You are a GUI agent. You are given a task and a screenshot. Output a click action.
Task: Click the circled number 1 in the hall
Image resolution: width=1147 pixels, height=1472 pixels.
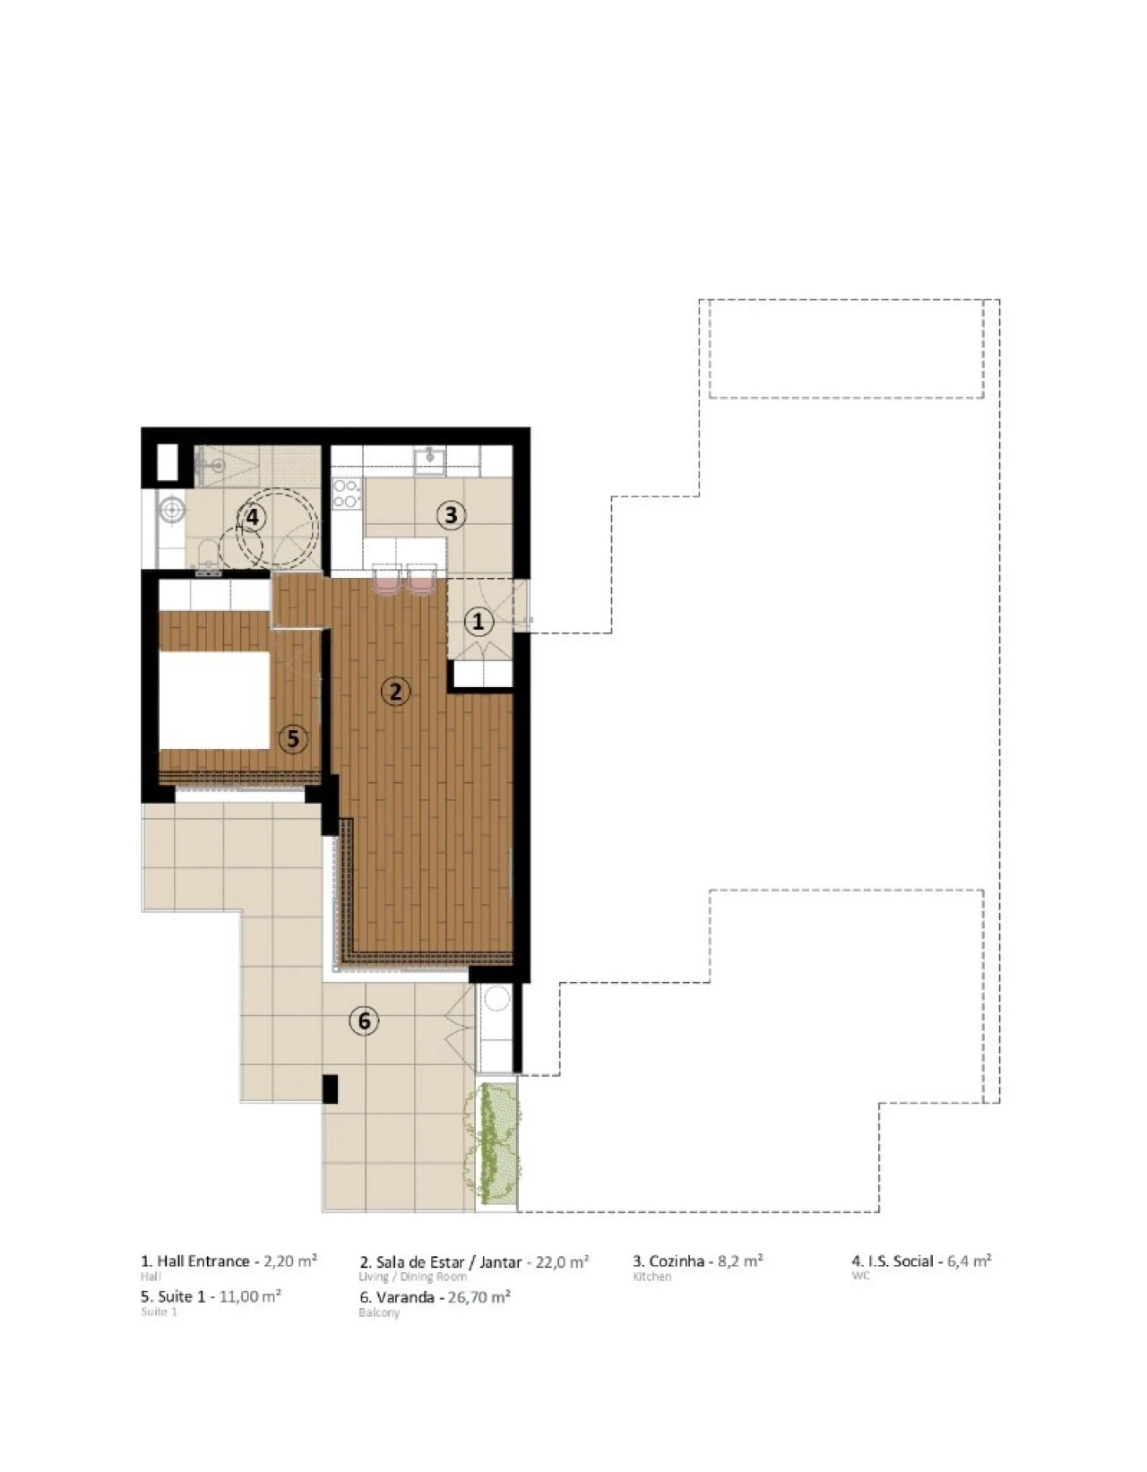click(478, 621)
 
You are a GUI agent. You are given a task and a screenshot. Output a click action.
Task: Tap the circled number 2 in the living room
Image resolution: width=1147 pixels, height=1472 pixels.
click(395, 691)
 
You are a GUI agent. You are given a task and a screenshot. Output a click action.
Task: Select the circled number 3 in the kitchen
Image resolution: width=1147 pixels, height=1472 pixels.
click(451, 515)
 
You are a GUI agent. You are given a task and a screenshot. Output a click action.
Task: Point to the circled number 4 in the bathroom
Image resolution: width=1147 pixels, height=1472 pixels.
click(253, 517)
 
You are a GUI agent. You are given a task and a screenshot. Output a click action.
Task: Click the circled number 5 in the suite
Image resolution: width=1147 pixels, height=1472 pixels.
click(292, 739)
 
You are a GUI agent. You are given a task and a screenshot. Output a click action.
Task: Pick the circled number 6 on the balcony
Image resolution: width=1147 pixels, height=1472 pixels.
click(364, 1020)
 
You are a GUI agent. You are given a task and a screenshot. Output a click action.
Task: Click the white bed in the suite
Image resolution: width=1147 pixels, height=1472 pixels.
click(215, 700)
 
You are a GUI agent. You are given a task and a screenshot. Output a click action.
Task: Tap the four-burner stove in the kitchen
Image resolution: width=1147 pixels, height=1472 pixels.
click(346, 494)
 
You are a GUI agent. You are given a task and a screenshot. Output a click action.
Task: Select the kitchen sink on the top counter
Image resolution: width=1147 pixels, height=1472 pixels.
click(430, 461)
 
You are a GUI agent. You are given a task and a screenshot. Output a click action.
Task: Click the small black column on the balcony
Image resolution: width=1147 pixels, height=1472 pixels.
click(330, 1088)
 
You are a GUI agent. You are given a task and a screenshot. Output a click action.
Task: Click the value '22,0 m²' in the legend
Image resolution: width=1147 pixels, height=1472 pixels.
click(562, 1261)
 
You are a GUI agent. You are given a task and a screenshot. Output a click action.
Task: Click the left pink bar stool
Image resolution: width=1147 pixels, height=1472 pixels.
click(386, 581)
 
